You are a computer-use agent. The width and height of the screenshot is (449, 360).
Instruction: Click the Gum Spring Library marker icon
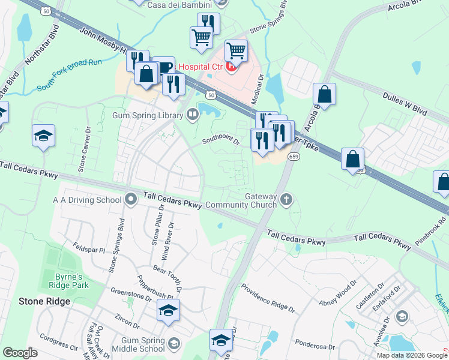[x=193, y=114]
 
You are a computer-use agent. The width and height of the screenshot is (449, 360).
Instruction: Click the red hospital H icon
[x=231, y=66]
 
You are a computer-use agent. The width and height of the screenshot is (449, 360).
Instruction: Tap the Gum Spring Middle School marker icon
[x=174, y=343]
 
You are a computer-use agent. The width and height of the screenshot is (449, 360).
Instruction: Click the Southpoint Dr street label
[x=221, y=141]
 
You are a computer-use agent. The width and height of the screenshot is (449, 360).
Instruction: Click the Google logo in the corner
[x=20, y=353]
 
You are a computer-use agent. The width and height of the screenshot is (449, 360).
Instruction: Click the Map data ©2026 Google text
[x=412, y=355]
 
